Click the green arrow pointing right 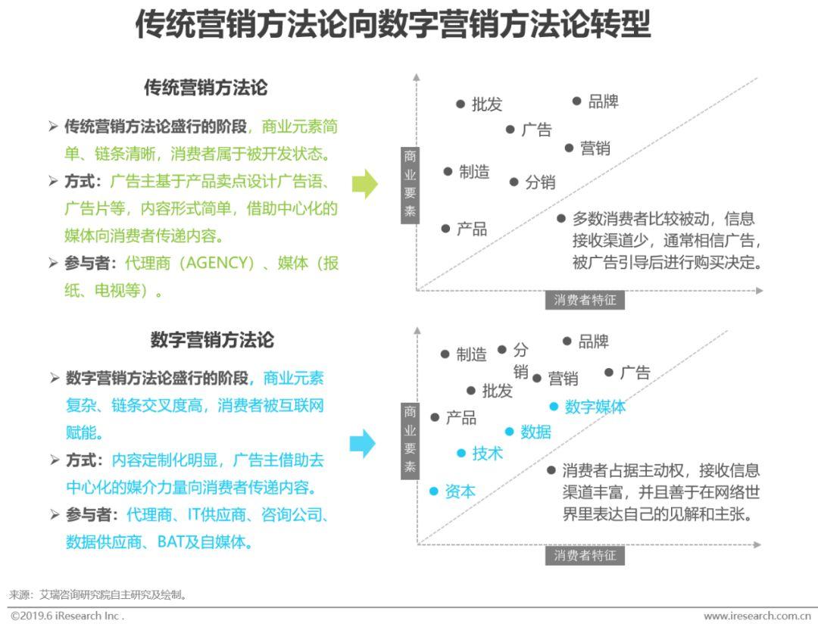click(364, 183)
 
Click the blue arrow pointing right click(363, 444)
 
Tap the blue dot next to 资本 click(433, 491)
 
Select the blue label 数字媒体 click(595, 407)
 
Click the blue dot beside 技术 click(461, 454)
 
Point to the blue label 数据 click(535, 432)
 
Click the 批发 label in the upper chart click(487, 104)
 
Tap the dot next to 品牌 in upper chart click(576, 101)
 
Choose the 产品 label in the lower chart click(461, 418)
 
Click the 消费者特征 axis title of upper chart click(585, 300)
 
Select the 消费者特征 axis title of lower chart click(585, 556)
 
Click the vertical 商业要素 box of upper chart click(410, 185)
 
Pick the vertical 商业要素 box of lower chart click(410, 440)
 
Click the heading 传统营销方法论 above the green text click(205, 87)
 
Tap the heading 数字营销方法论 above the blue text click(212, 340)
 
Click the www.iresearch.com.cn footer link click(757, 616)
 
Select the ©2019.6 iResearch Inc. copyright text click(67, 616)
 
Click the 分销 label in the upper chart click(540, 182)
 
